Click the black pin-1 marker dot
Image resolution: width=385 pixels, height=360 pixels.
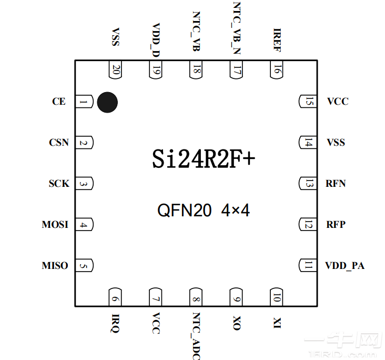107,102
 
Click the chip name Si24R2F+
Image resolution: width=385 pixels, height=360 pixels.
204,158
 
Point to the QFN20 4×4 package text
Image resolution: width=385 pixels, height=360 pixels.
204,211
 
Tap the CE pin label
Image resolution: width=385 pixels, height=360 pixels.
59,102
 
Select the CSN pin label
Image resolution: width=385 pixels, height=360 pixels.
59,143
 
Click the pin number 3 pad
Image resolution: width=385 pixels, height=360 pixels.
85,184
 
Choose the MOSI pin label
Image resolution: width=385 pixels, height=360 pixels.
55,225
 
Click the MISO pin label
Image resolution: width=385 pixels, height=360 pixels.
55,266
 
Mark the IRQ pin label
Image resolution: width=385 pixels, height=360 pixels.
115,322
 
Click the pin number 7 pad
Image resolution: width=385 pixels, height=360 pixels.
156,297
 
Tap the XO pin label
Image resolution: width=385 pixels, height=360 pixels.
237,323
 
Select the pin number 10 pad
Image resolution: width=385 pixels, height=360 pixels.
277,297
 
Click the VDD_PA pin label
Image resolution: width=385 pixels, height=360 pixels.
345,266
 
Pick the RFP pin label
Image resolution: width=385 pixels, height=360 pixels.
336,225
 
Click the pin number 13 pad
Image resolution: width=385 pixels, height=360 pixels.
308,184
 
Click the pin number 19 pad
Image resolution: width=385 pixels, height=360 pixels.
156,69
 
